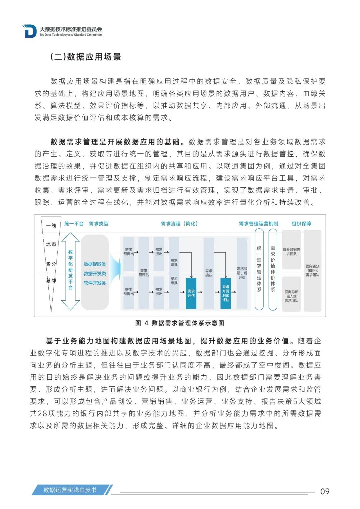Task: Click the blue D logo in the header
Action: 30,31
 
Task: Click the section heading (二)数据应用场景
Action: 86,57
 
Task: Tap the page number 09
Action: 325,491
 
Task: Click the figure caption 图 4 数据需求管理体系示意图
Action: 180,323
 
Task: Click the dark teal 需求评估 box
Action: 191,293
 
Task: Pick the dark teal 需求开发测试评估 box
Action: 226,293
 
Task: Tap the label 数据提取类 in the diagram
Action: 95,264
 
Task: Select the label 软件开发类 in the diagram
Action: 95,283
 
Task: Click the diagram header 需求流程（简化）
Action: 179,224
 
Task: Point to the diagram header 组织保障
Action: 301,224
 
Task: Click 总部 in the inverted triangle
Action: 51,281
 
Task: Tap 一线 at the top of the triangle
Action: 51,226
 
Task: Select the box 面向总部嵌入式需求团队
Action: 291,296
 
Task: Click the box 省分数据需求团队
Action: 291,251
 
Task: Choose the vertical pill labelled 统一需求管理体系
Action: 259,269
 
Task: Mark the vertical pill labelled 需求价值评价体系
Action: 273,269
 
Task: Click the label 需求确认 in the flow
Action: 209,273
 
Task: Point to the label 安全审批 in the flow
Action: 174,281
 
